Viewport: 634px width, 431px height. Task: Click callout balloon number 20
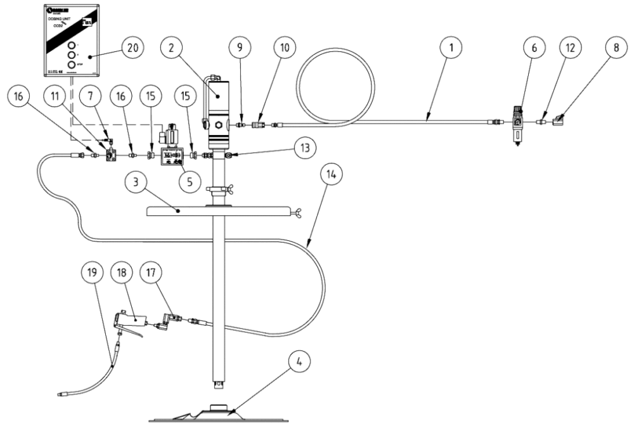coord(134,48)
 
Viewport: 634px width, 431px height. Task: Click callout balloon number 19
coord(93,273)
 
